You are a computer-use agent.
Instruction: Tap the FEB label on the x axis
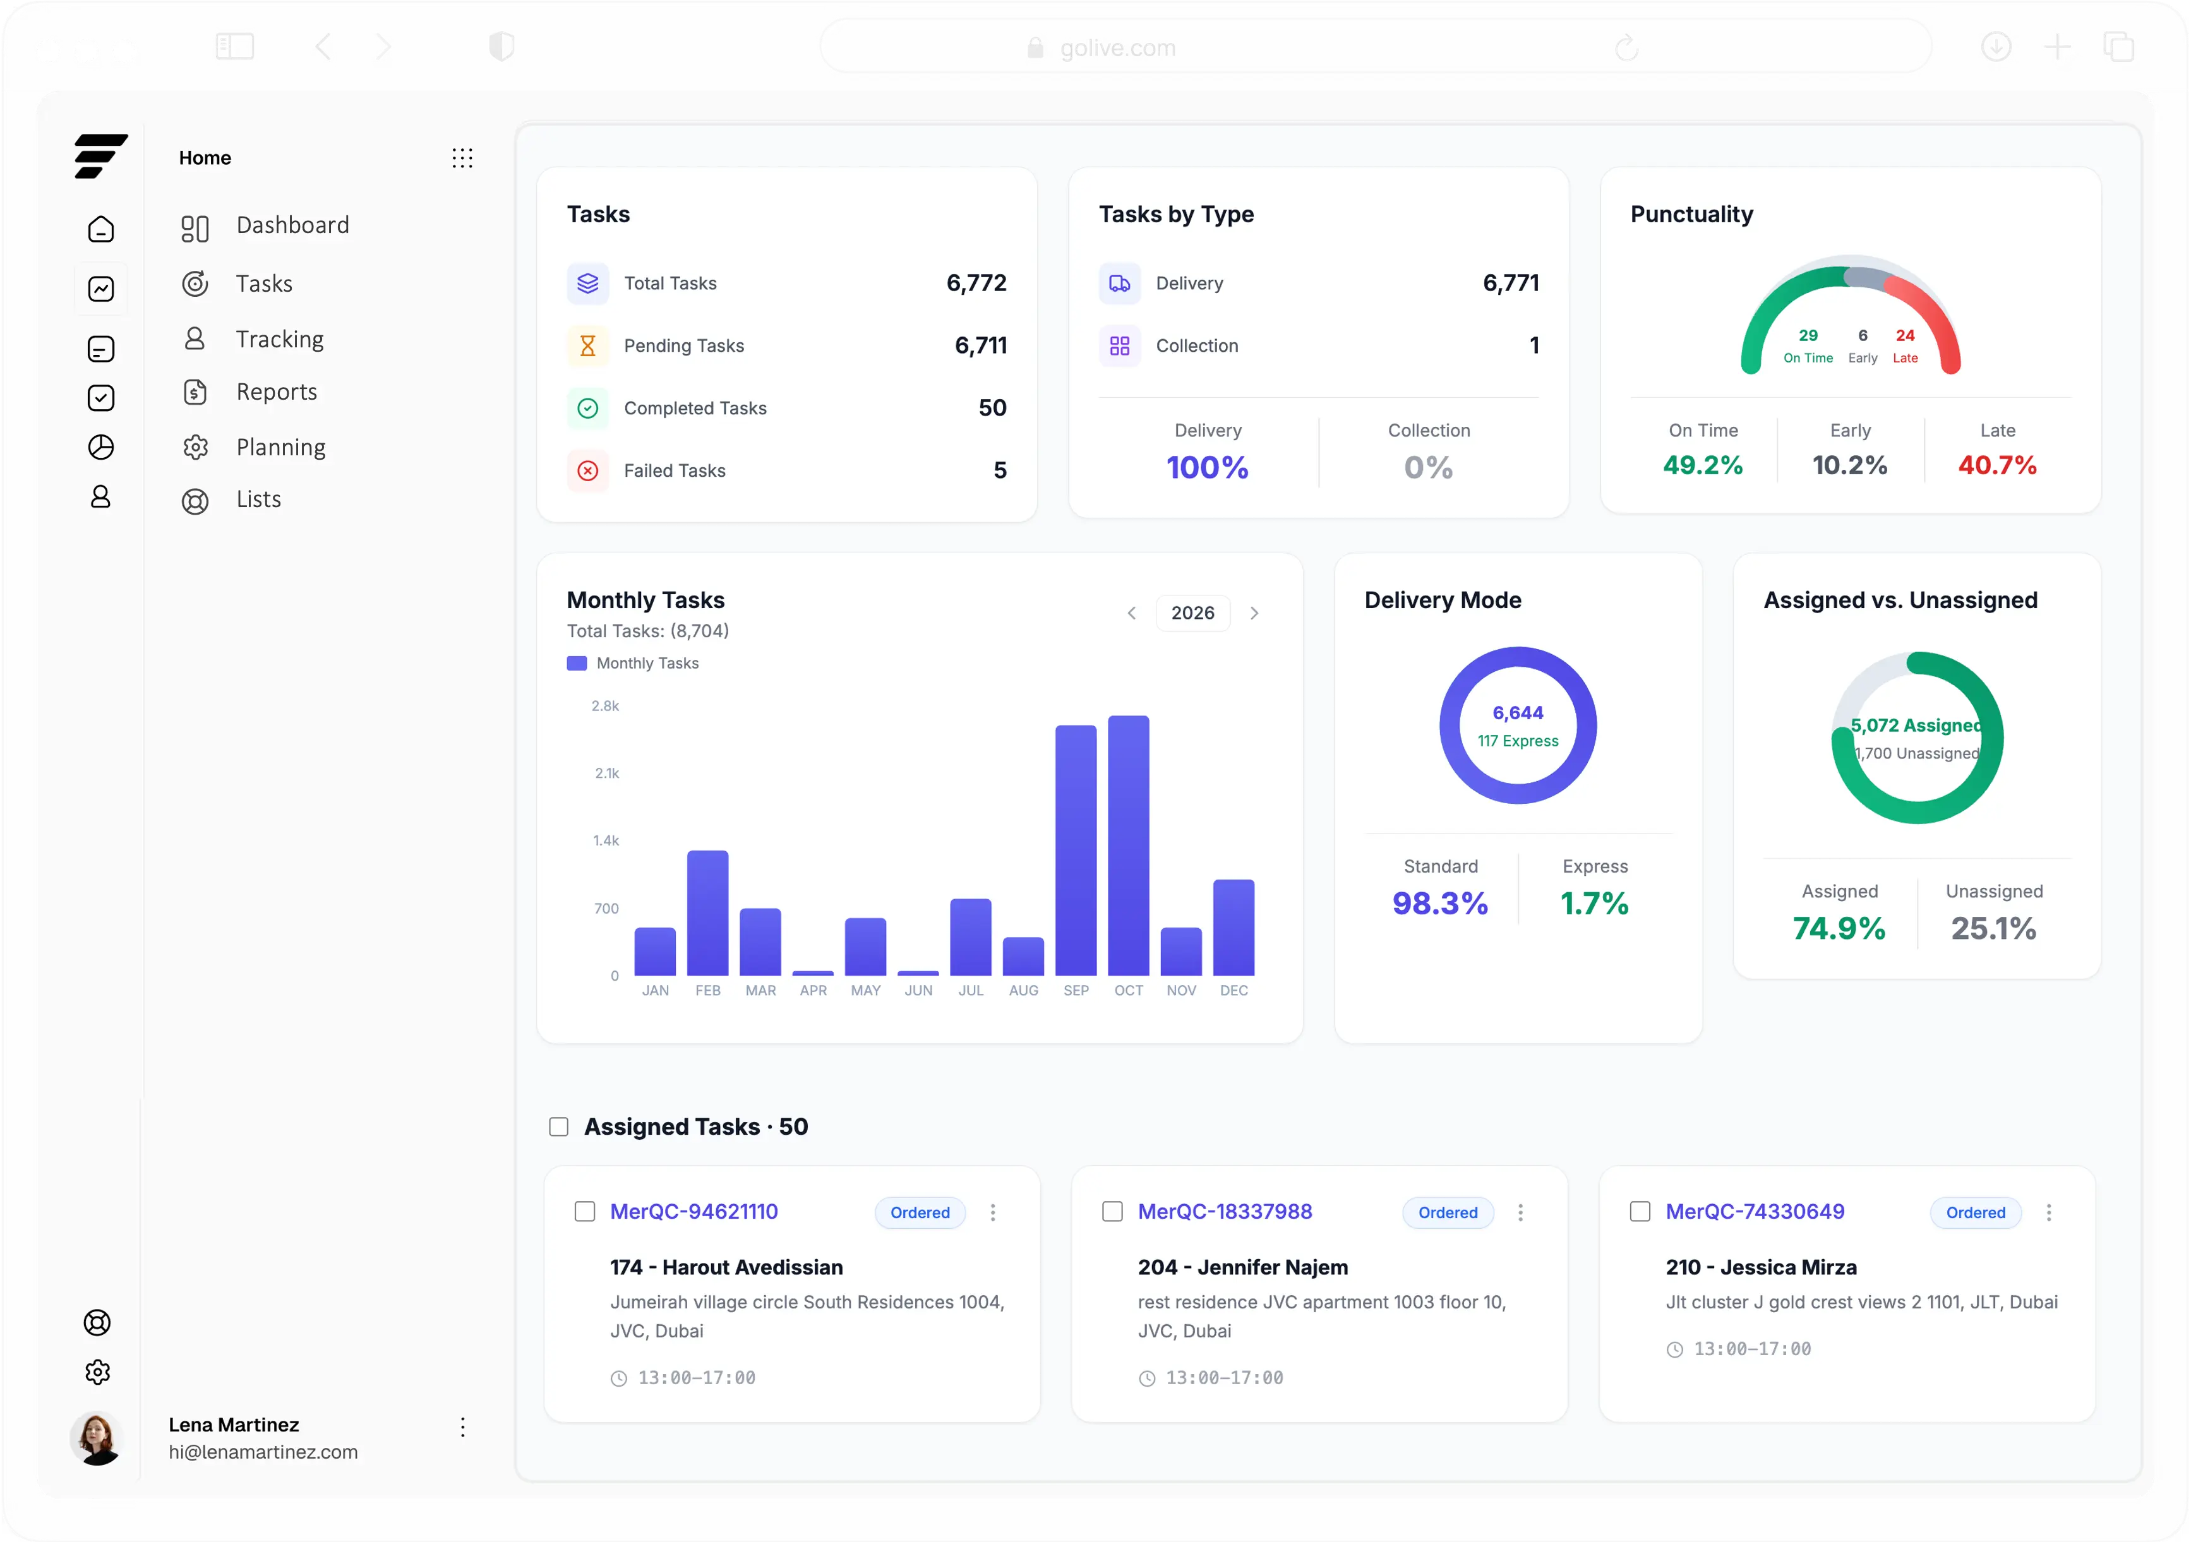[708, 991]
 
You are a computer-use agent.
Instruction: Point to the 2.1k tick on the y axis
[607, 773]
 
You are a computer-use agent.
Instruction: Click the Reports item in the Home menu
[276, 392]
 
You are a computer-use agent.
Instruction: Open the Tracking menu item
[280, 340]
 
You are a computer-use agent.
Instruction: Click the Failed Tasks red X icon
[588, 470]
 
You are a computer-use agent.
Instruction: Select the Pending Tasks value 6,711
[980, 345]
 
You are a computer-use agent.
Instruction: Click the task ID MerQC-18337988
[1224, 1212]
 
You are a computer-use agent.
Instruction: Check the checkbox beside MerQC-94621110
[585, 1212]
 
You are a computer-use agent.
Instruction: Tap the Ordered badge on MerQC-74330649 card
[1976, 1213]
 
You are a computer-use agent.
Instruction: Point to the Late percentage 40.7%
[1996, 465]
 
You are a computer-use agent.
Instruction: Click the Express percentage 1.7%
[1594, 904]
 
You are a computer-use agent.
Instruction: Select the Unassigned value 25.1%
[1993, 928]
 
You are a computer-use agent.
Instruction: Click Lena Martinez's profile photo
[97, 1438]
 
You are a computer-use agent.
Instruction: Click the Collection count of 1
[1534, 345]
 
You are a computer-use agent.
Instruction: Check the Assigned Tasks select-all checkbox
[559, 1127]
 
